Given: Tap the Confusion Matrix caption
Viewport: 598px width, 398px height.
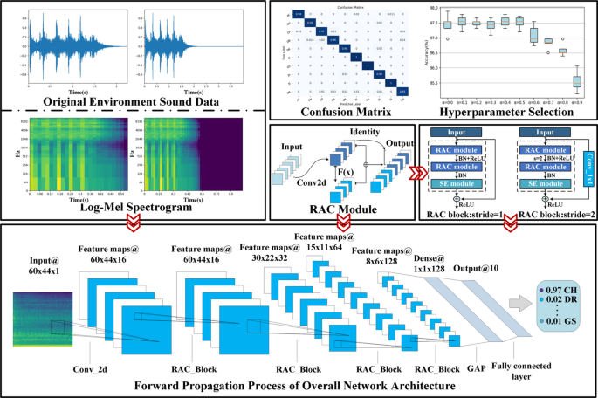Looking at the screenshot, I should click(x=345, y=112).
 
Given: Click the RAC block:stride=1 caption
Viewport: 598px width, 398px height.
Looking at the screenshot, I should click(x=465, y=213).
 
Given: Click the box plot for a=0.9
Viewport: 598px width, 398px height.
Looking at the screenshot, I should click(x=576, y=82).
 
